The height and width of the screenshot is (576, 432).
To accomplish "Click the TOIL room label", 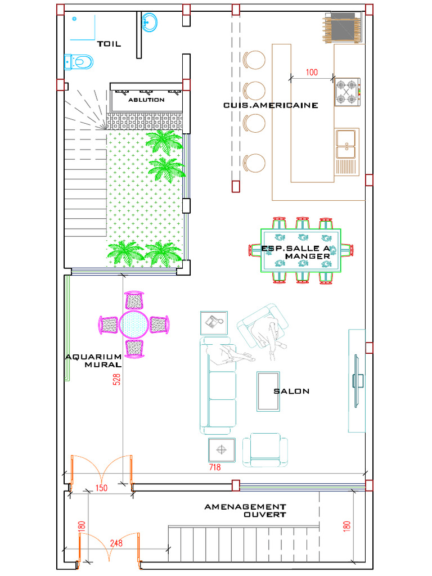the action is click(109, 44).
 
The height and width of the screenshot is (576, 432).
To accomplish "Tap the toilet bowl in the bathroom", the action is click(79, 62).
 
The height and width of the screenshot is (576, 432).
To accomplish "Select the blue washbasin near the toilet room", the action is click(149, 22).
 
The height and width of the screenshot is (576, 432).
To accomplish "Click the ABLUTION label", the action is click(146, 100).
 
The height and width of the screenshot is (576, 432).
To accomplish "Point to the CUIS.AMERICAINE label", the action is click(271, 105).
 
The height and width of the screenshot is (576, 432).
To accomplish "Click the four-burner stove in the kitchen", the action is click(347, 92).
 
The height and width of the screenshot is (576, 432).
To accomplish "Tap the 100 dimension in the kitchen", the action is click(312, 72).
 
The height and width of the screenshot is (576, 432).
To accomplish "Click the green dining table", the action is click(301, 250).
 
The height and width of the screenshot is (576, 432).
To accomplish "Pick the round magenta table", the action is click(134, 325).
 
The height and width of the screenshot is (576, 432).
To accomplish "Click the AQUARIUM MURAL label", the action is click(93, 361).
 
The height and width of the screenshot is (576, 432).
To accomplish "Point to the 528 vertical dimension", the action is click(116, 380).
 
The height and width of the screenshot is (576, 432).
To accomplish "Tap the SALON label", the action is click(291, 391).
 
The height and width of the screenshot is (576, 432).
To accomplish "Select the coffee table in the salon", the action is click(268, 391).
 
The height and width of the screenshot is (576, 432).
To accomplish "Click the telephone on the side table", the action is click(214, 322).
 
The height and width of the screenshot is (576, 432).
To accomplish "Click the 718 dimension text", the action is click(215, 467).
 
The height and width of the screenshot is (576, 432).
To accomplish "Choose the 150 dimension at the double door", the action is click(101, 488).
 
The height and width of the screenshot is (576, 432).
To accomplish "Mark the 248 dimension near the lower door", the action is click(116, 543).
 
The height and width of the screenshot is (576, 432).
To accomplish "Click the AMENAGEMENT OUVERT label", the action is click(245, 511).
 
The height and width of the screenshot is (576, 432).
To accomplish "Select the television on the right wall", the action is click(357, 381).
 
